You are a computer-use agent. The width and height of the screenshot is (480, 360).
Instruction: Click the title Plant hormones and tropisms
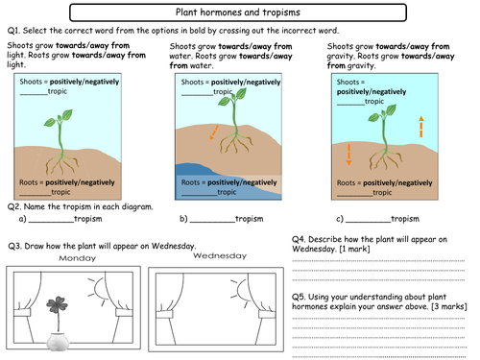tap(240, 13)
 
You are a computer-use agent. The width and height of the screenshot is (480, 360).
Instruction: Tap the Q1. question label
tap(15, 31)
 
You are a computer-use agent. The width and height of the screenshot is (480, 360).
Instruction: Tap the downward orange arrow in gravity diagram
tap(349, 154)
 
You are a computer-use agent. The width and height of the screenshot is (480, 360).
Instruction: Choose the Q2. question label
tap(15, 205)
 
